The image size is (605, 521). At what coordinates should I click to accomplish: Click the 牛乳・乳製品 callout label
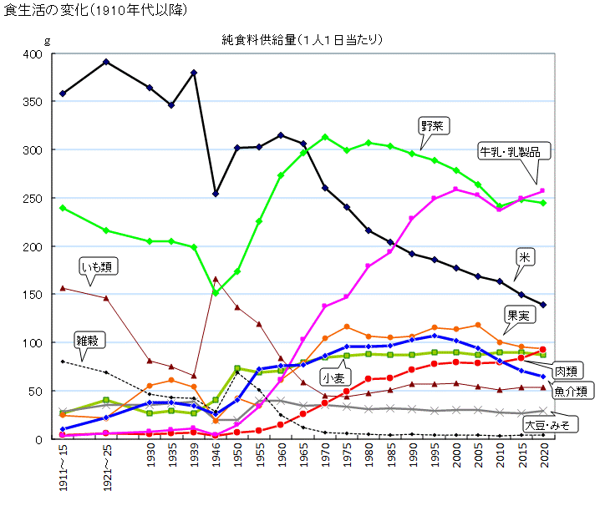point(515,151)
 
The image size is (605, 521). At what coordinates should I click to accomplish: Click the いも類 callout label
point(99,267)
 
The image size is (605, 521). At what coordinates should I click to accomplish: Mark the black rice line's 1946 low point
point(216,194)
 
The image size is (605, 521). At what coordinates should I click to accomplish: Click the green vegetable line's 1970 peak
point(324,137)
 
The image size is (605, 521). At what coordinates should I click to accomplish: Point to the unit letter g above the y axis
point(47,40)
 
